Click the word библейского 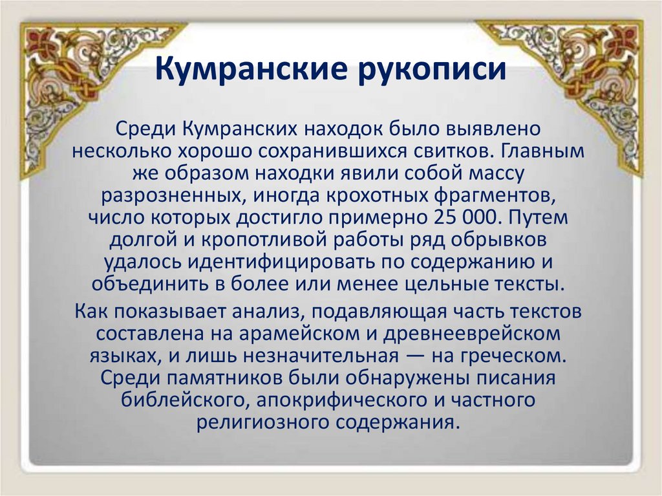coord(186,401)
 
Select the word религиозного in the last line coord(262,423)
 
